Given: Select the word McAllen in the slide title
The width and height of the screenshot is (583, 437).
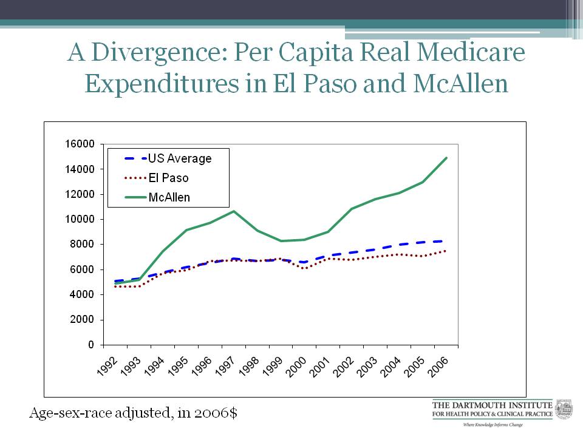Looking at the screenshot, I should click(x=460, y=84).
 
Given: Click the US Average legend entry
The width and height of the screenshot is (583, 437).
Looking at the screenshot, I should click(x=180, y=158).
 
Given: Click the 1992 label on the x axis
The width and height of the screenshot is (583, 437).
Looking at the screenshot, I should click(x=107, y=363).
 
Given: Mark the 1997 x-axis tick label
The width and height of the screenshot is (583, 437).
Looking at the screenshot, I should click(x=225, y=363).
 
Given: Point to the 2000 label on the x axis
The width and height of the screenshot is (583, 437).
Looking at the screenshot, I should click(x=296, y=363).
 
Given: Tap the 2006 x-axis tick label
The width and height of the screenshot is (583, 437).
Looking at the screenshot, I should click(x=438, y=363).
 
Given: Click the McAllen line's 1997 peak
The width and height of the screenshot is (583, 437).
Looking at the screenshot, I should click(x=234, y=211).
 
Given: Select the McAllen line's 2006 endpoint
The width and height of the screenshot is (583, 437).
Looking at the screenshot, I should click(x=446, y=158).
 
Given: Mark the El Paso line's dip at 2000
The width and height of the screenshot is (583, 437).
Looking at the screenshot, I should click(x=304, y=268).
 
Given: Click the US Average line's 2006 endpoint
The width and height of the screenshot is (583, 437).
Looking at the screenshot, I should click(x=446, y=241).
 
